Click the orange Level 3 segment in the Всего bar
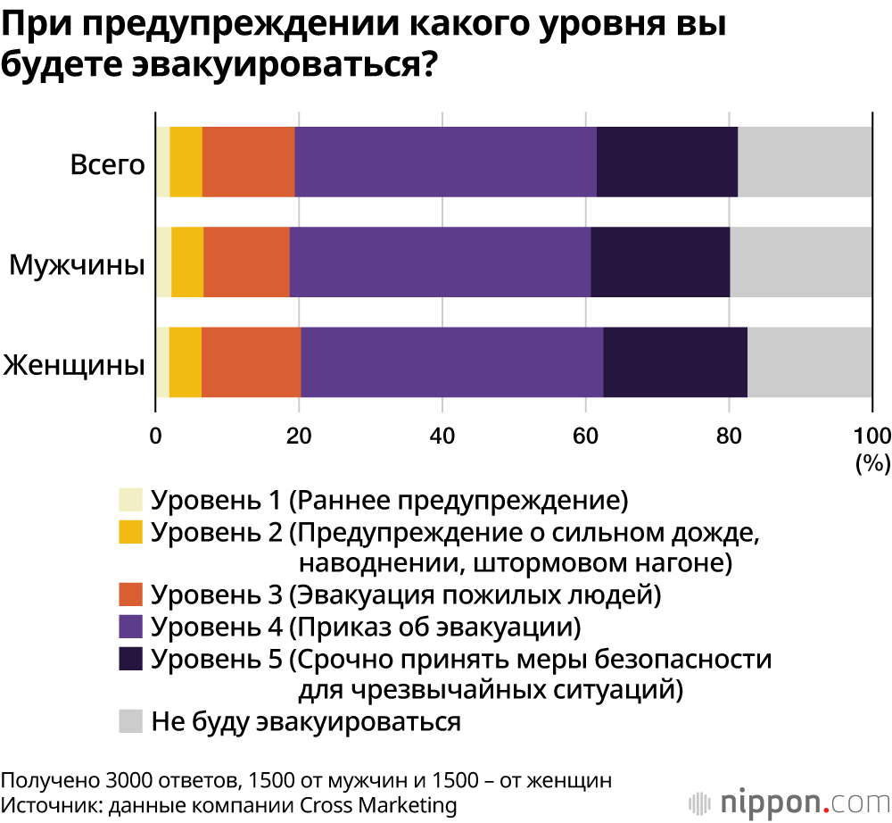(248, 162)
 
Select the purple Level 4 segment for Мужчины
(440, 262)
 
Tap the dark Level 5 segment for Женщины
(675, 362)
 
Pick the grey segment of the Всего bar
(805, 162)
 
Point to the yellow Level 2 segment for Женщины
(185, 362)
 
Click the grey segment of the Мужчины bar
(801, 262)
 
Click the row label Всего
(107, 164)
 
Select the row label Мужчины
(78, 264)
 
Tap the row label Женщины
(74, 365)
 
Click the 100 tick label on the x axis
(871, 436)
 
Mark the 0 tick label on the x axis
(156, 436)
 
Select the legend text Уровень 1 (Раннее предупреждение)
(390, 500)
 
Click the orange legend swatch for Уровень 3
(131, 594)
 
